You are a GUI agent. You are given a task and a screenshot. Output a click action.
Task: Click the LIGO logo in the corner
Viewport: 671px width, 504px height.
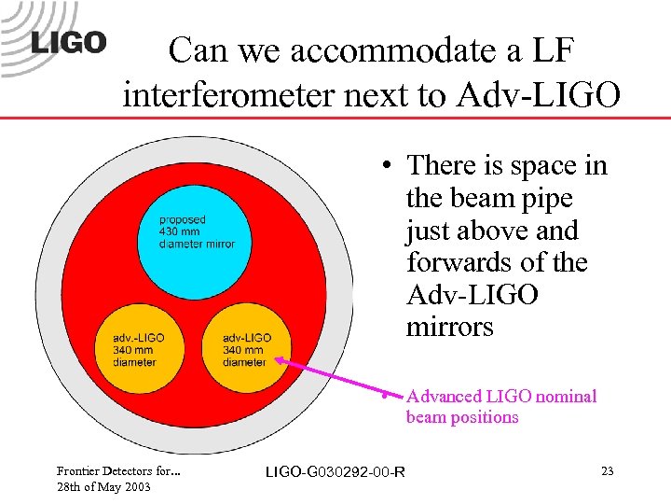[x=69, y=43]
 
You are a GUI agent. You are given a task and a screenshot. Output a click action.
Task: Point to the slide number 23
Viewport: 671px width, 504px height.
[x=607, y=471]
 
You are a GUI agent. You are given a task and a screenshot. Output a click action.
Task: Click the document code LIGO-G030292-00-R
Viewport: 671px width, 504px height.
[x=335, y=472]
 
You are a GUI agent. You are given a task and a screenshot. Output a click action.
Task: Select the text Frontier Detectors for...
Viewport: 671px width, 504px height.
[x=117, y=471]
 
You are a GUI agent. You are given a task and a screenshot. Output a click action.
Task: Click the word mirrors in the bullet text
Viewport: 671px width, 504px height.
[x=449, y=328]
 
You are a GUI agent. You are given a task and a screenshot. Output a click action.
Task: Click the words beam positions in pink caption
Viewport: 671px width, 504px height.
[x=461, y=417]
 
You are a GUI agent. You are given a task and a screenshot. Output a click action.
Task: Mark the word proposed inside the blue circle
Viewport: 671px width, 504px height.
[x=182, y=220]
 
